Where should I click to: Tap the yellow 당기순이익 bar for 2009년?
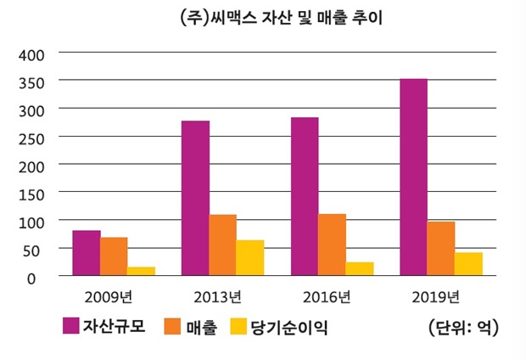coord(141,271)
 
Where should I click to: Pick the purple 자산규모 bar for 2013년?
coord(195,199)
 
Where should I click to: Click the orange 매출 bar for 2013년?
coord(222,245)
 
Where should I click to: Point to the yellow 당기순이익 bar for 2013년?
coord(249,258)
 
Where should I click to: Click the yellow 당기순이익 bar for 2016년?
coord(359,268)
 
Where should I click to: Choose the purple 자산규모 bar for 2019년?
coord(413,177)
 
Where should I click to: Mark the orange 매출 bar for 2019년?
coord(441,249)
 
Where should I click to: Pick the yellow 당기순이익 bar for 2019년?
coord(468,264)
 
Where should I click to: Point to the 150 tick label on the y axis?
coord(32,193)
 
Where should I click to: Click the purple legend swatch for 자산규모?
coord(70,326)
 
